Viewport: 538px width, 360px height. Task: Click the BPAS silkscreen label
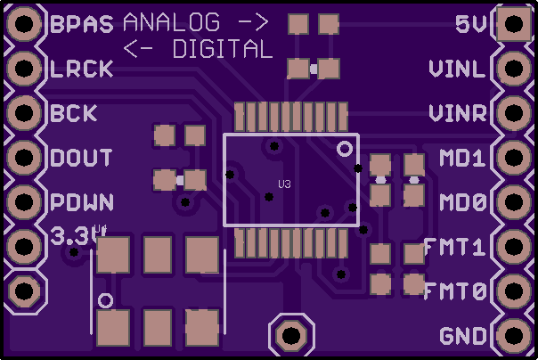click(x=82, y=24)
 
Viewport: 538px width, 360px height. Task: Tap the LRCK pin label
click(x=82, y=69)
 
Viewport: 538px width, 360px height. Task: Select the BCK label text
click(x=74, y=113)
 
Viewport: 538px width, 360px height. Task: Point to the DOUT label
click(x=81, y=158)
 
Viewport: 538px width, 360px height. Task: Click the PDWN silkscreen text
click(x=82, y=202)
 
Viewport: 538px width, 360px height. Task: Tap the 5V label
click(x=471, y=24)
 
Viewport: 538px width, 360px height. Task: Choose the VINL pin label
click(x=458, y=69)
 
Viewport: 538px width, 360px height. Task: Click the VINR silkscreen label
click(x=458, y=113)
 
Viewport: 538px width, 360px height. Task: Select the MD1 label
click(x=463, y=158)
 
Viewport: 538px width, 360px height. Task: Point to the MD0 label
click(x=463, y=202)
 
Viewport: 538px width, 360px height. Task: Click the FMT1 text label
click(x=455, y=247)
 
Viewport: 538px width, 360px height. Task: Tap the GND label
click(x=463, y=336)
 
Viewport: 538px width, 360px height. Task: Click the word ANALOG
click(x=171, y=22)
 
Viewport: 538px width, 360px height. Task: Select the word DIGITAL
click(x=223, y=49)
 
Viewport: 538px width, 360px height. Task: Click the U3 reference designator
click(x=284, y=184)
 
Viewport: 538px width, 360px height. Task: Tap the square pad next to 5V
click(x=514, y=24)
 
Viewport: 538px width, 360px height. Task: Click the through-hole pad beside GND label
click(x=514, y=336)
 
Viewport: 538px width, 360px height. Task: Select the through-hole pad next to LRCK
click(x=24, y=69)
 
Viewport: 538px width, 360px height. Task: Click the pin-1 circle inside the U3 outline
click(x=345, y=149)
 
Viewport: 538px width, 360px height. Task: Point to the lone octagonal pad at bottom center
click(x=291, y=335)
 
